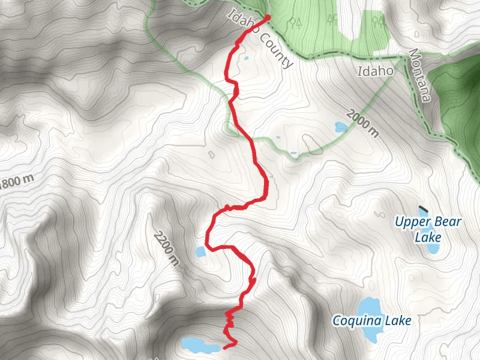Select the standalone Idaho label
[x=375, y=71]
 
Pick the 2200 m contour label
[x=166, y=248]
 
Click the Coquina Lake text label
[x=372, y=321]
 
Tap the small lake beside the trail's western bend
[x=200, y=252]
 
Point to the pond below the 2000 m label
[x=341, y=127]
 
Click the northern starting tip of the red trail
[x=267, y=17]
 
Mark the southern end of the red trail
[x=225, y=347]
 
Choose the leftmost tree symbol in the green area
[x=295, y=23]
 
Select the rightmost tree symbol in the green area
[x=377, y=23]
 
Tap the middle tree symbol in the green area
[x=332, y=21]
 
